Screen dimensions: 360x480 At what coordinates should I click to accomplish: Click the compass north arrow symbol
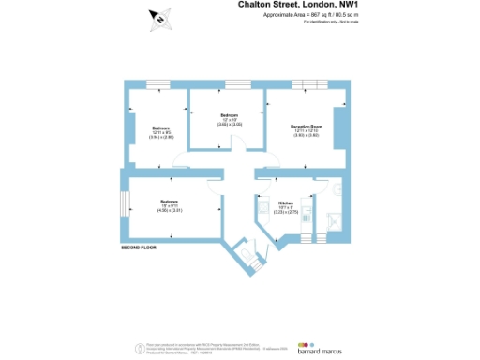tap(160, 18)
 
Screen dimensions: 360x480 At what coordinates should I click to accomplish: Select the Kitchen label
tap(286, 203)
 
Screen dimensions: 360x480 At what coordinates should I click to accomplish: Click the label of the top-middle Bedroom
tap(231, 115)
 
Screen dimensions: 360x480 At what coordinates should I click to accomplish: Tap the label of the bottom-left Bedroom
tap(169, 202)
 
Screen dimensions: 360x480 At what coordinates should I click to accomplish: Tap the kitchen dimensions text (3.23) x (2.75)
tap(286, 213)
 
